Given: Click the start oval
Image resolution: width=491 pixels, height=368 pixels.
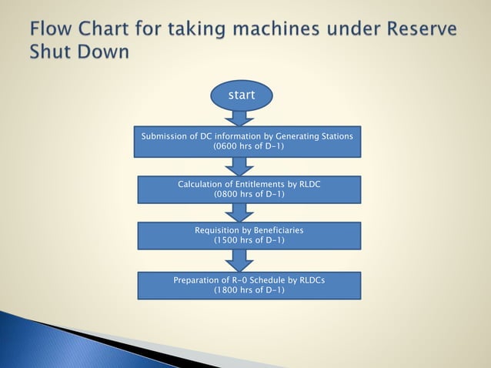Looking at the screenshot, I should pos(242,95).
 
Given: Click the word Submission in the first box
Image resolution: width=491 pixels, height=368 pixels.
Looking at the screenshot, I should pos(165,136).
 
